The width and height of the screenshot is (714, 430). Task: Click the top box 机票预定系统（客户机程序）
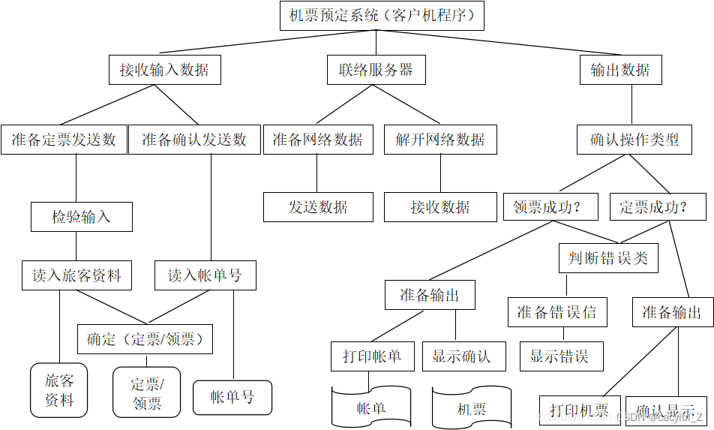pyautogui.click(x=382, y=15)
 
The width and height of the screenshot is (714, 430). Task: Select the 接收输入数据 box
pyautogui.click(x=164, y=71)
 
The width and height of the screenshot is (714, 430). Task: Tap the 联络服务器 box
pyautogui.click(x=376, y=71)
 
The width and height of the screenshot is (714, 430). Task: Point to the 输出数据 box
pyautogui.click(x=620, y=71)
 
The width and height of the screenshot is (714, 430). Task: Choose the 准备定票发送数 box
pyautogui.click(x=64, y=140)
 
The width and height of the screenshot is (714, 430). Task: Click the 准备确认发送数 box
pyautogui.click(x=194, y=140)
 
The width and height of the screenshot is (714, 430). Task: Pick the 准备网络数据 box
pyautogui.click(x=317, y=140)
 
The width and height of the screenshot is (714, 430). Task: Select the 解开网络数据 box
pyautogui.click(x=440, y=140)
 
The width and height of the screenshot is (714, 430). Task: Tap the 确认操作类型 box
pyautogui.click(x=634, y=140)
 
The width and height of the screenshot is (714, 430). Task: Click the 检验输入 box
pyautogui.click(x=81, y=217)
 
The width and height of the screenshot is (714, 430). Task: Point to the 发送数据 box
pyautogui.click(x=318, y=207)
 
